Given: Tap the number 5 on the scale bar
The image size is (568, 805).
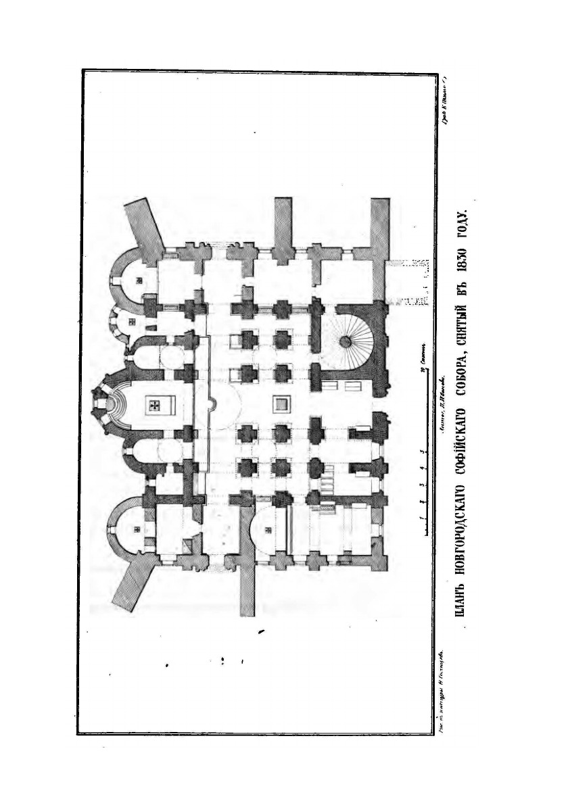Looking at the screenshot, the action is tap(421, 451).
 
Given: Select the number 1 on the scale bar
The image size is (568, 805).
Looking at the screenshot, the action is tap(421, 517).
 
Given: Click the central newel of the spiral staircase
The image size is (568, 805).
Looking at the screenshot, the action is tap(346, 340).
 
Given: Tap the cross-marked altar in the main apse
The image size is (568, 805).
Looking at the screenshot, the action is tap(155, 404).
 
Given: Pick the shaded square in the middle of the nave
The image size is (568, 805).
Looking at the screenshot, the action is tap(279, 404).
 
